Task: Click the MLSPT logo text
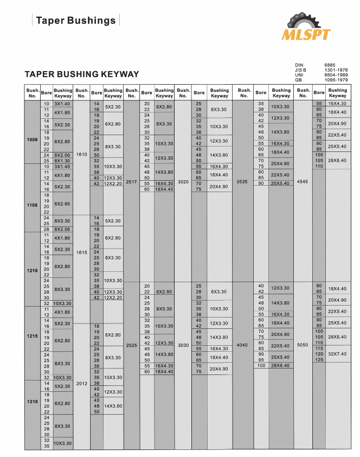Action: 305,35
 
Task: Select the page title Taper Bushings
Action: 75,21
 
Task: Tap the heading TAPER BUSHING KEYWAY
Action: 82,74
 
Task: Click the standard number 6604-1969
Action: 336,74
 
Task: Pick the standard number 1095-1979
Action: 336,79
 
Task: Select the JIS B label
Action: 301,69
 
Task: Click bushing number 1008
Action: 32,140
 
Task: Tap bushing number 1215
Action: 32,337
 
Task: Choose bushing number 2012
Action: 81,383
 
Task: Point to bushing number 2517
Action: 131,182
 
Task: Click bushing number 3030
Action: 183,345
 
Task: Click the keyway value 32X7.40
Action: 337,353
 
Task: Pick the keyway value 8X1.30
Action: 62,161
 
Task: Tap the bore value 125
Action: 319,359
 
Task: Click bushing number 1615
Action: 81,252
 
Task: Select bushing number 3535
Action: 242,182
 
